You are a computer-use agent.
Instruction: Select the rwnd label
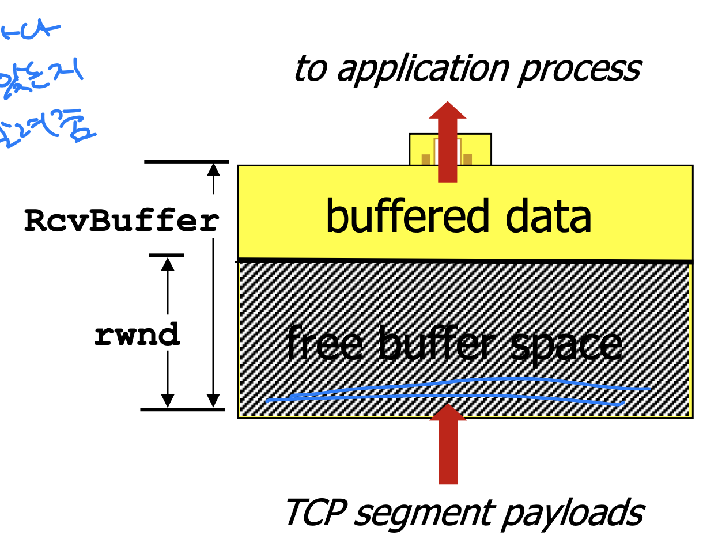coord(137,335)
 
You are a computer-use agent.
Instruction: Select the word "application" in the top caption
coord(424,69)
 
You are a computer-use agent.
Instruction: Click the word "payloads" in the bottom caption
coord(571,513)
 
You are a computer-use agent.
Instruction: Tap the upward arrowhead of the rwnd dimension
coord(168,263)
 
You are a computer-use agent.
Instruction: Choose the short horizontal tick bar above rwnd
coord(167,255)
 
